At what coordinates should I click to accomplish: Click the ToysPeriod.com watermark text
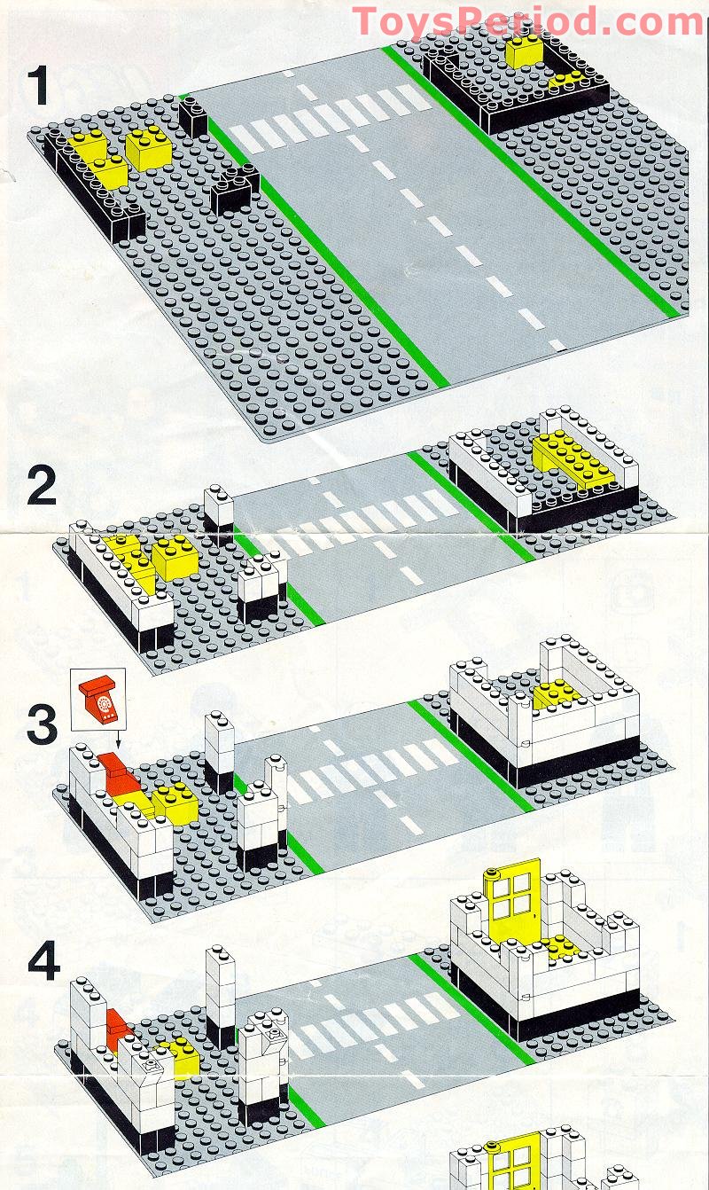[527, 21]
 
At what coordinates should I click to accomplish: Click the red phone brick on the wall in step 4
[117, 1028]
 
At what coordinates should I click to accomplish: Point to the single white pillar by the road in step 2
[219, 508]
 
